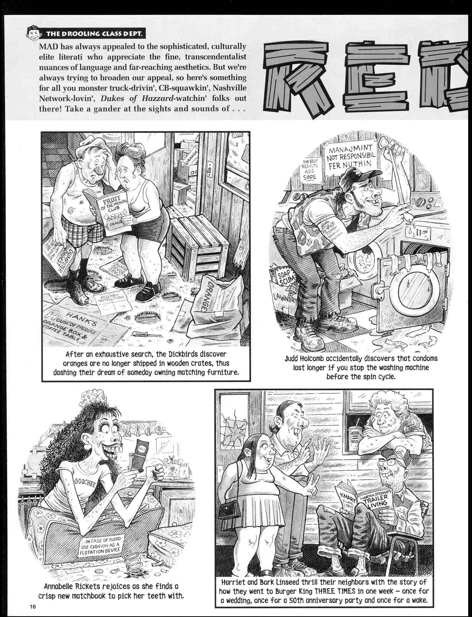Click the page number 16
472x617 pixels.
coord(32,607)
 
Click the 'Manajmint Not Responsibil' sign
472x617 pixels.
coord(350,157)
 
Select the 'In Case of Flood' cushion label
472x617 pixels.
coord(100,546)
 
